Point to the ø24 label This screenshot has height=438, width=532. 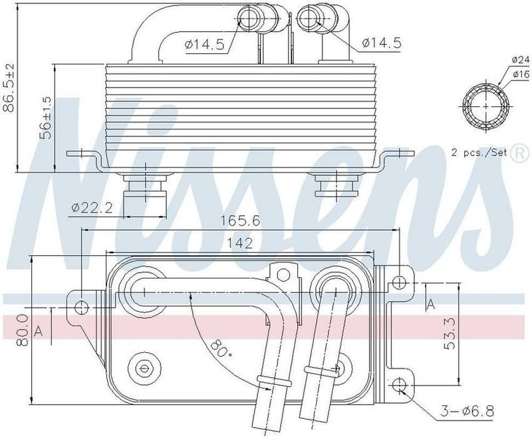click(x=520, y=59)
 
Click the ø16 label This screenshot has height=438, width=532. click(x=520, y=74)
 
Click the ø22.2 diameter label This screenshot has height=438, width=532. click(x=92, y=208)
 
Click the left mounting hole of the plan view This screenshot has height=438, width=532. click(x=82, y=307)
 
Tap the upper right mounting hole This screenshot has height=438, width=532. click(x=398, y=282)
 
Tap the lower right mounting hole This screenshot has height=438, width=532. click(x=398, y=385)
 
